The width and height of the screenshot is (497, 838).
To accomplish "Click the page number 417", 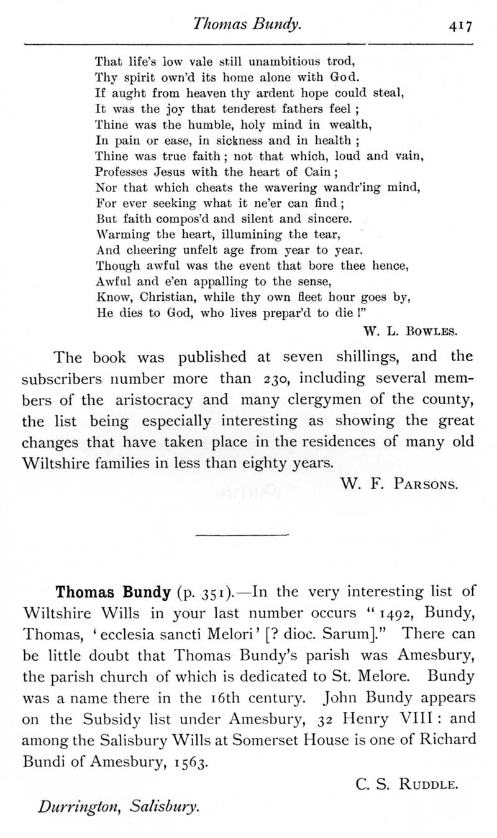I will click(461, 26).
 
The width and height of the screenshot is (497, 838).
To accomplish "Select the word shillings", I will click(362, 357).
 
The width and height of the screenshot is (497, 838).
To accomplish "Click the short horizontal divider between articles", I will click(242, 535).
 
